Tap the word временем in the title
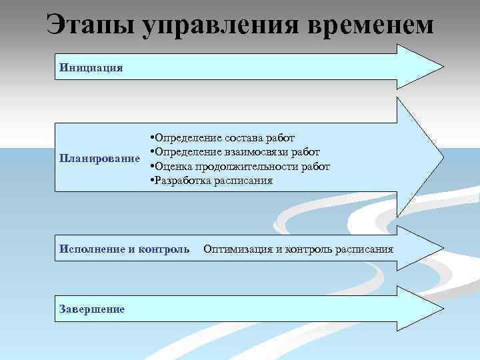tap(371, 25)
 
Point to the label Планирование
tap(100, 159)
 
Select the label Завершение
tap(92, 309)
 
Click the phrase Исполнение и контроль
tap(125, 249)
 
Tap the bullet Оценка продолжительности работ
tap(241, 166)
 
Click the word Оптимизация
tap(238, 249)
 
